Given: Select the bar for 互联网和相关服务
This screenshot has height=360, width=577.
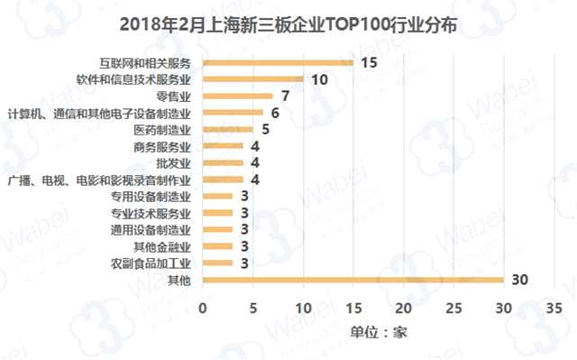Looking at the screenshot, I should point(277,63).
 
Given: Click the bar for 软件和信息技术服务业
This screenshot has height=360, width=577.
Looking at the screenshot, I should point(252,79).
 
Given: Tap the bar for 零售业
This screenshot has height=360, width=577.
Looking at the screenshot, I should point(237,96).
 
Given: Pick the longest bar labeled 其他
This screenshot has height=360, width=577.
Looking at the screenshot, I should point(353,280).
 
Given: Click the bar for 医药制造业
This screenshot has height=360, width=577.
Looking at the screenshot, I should point(227,129).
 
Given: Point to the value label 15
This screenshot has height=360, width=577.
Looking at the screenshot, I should point(368,63).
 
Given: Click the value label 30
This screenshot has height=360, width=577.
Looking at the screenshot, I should point(518,280).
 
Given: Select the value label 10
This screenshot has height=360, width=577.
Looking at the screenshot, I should point(318,79).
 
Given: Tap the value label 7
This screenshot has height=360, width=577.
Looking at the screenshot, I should point(284,96).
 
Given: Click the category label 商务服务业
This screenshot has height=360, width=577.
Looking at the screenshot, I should point(161,146).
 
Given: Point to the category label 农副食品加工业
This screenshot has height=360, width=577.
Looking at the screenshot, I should point(151,263).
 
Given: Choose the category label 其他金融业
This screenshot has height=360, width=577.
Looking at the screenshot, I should point(161,246).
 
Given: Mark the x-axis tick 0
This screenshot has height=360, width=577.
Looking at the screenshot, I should point(203,307).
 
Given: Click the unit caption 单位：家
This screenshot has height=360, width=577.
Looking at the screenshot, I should point(379,331).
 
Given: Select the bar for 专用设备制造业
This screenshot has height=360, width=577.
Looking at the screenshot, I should point(217,196).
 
